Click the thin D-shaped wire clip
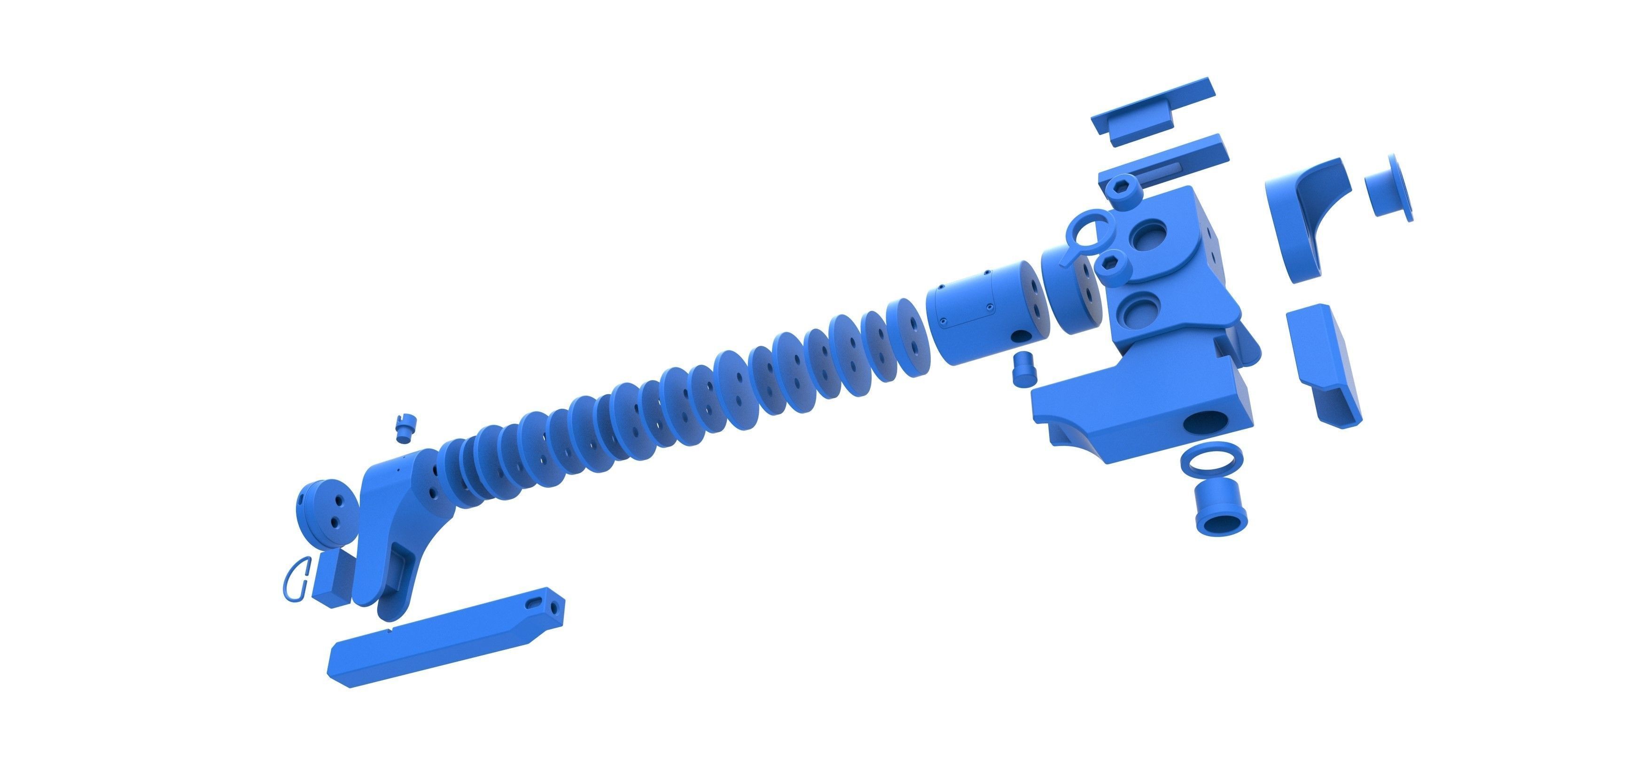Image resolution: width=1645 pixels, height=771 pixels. coord(296,579)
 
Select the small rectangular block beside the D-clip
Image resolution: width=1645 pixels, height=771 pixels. coord(332,579)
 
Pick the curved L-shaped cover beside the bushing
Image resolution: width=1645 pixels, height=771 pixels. coord(1298,217)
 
